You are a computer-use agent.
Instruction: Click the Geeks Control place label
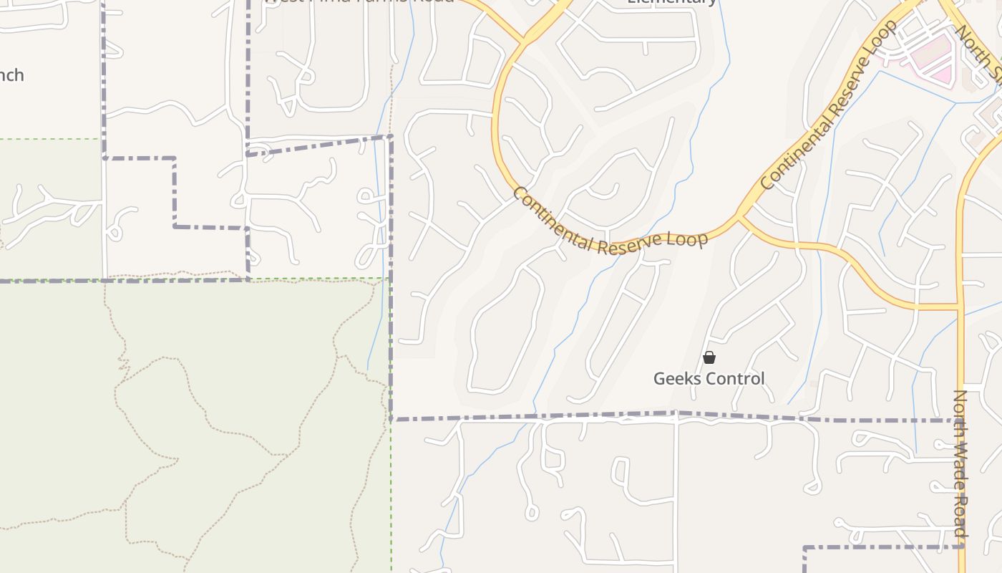pyautogui.click(x=709, y=378)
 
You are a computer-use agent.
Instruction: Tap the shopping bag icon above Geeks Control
pyautogui.click(x=709, y=357)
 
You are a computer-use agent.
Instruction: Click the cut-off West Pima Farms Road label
pyautogui.click(x=358, y=2)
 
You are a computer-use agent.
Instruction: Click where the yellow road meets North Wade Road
pyautogui.click(x=960, y=307)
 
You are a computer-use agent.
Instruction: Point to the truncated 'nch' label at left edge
pyautogui.click(x=11, y=75)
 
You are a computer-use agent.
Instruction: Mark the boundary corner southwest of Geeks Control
pyautogui.click(x=391, y=419)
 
